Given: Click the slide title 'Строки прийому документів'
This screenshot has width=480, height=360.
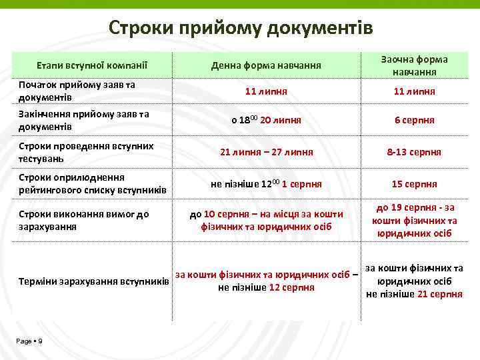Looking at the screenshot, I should pyautogui.click(x=240, y=28).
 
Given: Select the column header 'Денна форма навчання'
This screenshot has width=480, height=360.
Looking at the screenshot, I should pyautogui.click(x=266, y=65).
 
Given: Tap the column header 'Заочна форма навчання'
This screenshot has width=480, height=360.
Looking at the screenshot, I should pyautogui.click(x=414, y=65).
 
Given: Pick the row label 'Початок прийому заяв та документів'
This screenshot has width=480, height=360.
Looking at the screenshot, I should pyautogui.click(x=77, y=91).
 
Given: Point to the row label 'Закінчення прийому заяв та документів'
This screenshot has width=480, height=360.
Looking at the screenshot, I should pyautogui.click(x=84, y=121).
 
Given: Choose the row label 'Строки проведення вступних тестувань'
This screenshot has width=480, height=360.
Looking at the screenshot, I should pyautogui.click(x=86, y=152).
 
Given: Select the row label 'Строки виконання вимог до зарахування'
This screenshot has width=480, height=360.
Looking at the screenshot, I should pyautogui.click(x=83, y=220).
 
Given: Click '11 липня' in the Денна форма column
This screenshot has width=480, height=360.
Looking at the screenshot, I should pyautogui.click(x=266, y=91).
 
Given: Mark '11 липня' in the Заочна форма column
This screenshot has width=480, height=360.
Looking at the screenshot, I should pyautogui.click(x=414, y=91).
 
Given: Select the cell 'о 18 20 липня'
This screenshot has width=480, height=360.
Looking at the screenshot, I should pyautogui.click(x=266, y=121).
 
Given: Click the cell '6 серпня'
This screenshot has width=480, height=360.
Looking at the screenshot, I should pyautogui.click(x=414, y=121).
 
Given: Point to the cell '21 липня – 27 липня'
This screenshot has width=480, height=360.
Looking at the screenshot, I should pyautogui.click(x=266, y=152).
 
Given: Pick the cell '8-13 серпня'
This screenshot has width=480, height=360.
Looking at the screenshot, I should pyautogui.click(x=414, y=152).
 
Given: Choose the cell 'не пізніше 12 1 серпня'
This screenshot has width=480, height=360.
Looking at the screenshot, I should pyautogui.click(x=266, y=184).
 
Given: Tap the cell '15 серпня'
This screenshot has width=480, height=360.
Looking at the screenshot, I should pyautogui.click(x=414, y=184).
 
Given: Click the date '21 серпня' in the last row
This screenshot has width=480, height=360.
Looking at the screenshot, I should pyautogui.click(x=440, y=294).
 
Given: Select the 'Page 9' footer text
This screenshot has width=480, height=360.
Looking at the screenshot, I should pyautogui.click(x=30, y=341).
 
